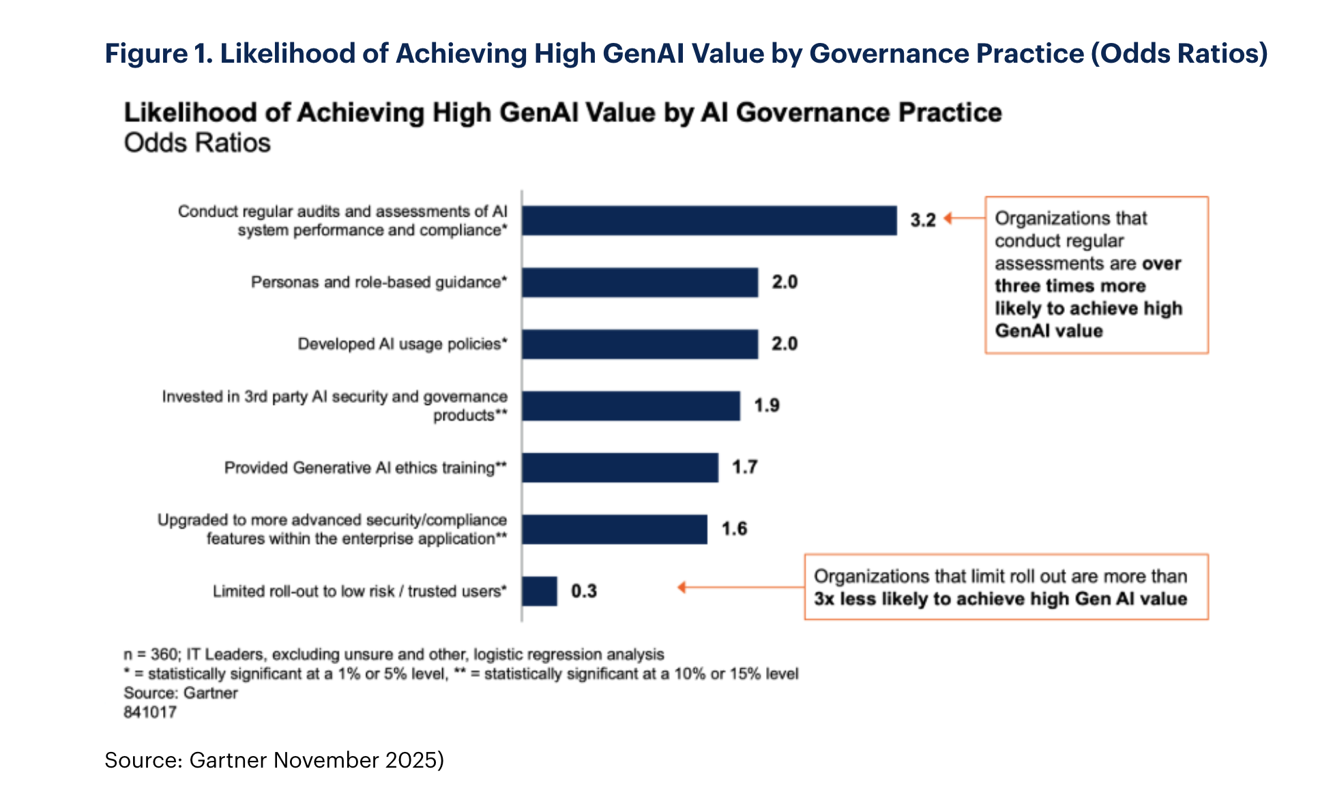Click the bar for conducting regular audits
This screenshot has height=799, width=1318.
[709, 221]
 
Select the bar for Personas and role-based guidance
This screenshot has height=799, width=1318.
[640, 282]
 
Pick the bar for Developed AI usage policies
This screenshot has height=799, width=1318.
[640, 344]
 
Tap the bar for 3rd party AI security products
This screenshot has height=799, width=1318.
[631, 406]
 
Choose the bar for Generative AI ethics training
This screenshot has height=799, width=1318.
[620, 468]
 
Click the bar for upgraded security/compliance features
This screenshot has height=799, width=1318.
[615, 530]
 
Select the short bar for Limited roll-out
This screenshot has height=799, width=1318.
[540, 591]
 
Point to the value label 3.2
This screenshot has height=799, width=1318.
[922, 220]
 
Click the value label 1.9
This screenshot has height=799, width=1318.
[767, 406]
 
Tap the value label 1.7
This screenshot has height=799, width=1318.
[745, 467]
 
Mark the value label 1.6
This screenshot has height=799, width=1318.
[734, 529]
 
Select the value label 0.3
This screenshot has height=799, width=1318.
[584, 591]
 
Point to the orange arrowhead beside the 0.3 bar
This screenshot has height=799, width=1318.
[682, 587]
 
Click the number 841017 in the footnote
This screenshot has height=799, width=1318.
[150, 712]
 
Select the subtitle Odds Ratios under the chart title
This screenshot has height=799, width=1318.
[197, 143]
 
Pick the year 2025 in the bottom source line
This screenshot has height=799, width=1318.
[411, 760]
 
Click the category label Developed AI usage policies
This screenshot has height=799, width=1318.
[402, 344]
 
